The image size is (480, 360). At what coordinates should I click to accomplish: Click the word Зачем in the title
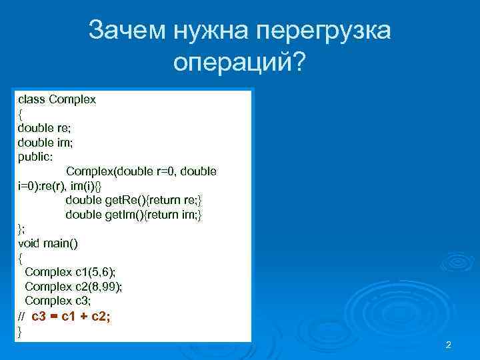[127, 31]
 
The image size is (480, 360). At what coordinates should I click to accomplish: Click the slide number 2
[448, 345]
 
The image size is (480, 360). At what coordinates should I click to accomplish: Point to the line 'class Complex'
[57, 99]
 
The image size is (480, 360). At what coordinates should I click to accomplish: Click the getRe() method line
[133, 200]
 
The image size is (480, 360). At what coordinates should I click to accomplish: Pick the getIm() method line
[133, 215]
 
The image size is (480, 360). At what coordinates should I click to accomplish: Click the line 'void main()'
[47, 243]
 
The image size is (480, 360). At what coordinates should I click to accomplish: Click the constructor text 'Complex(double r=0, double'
[141, 171]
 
